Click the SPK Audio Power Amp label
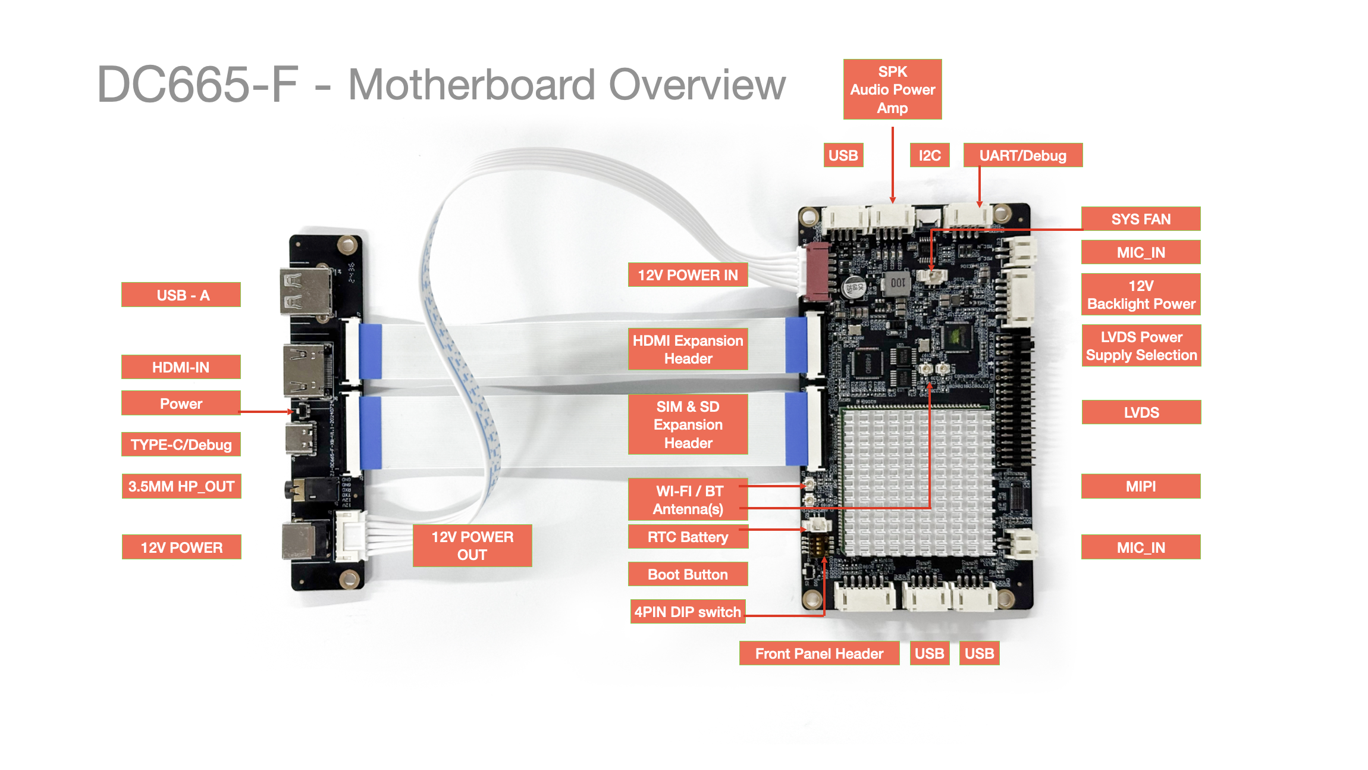pyautogui.click(x=892, y=89)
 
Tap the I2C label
pyautogui.click(x=929, y=155)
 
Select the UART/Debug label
pyautogui.click(x=1022, y=155)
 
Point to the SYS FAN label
pyautogui.click(x=1140, y=219)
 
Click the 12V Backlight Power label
pyautogui.click(x=1140, y=295)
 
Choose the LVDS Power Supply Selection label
pyautogui.click(x=1141, y=346)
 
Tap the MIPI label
pyautogui.click(x=1140, y=486)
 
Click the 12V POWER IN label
pyautogui.click(x=688, y=275)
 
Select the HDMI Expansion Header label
pyautogui.click(x=688, y=349)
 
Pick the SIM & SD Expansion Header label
pyautogui.click(x=688, y=424)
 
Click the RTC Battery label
pyautogui.click(x=688, y=537)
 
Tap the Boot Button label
pyautogui.click(x=688, y=574)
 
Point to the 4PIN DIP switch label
pyautogui.click(x=688, y=612)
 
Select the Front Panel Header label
pyautogui.click(x=819, y=653)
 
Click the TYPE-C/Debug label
pyautogui.click(x=181, y=445)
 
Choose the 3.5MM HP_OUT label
pyautogui.click(x=181, y=486)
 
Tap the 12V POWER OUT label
pyautogui.click(x=472, y=546)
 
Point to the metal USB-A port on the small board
pyautogui.click(x=305, y=292)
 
